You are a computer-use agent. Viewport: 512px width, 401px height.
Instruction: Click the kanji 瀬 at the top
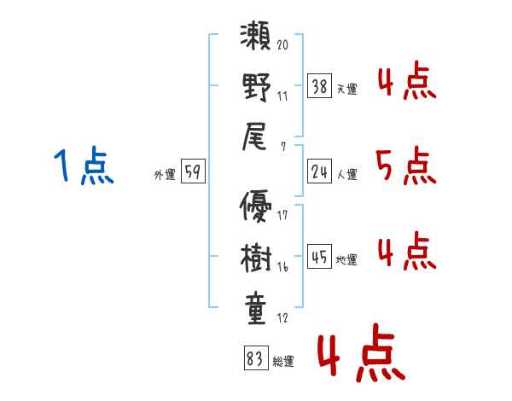[255, 36]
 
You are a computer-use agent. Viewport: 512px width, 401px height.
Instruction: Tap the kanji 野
[256, 87]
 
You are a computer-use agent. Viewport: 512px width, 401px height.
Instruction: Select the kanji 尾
[254, 137]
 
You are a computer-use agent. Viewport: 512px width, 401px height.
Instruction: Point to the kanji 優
[255, 206]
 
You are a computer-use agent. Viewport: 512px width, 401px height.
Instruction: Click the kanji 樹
[256, 258]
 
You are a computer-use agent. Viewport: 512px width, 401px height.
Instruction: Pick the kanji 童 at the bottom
[256, 308]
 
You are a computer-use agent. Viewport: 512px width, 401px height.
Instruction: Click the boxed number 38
[319, 86]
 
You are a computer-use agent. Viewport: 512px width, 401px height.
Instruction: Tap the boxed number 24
[319, 171]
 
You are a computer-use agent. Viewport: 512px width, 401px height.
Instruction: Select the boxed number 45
[319, 256]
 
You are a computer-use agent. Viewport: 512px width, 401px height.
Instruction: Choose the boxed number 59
[193, 171]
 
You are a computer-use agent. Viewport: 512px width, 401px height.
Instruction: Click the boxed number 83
[256, 357]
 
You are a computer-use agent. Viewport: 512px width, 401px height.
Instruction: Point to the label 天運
[347, 89]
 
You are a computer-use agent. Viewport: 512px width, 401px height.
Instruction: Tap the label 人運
[347, 174]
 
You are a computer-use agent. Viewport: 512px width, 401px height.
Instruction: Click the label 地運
[346, 260]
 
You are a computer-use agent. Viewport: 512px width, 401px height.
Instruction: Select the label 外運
[165, 175]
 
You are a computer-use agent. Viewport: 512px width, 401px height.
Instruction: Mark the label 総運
[283, 362]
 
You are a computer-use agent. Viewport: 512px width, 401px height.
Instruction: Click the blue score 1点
[84, 166]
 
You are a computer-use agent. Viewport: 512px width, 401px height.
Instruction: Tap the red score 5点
[406, 166]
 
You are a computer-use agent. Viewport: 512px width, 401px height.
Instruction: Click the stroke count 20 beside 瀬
[282, 44]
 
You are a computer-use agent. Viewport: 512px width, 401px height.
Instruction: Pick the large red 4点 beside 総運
[362, 352]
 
